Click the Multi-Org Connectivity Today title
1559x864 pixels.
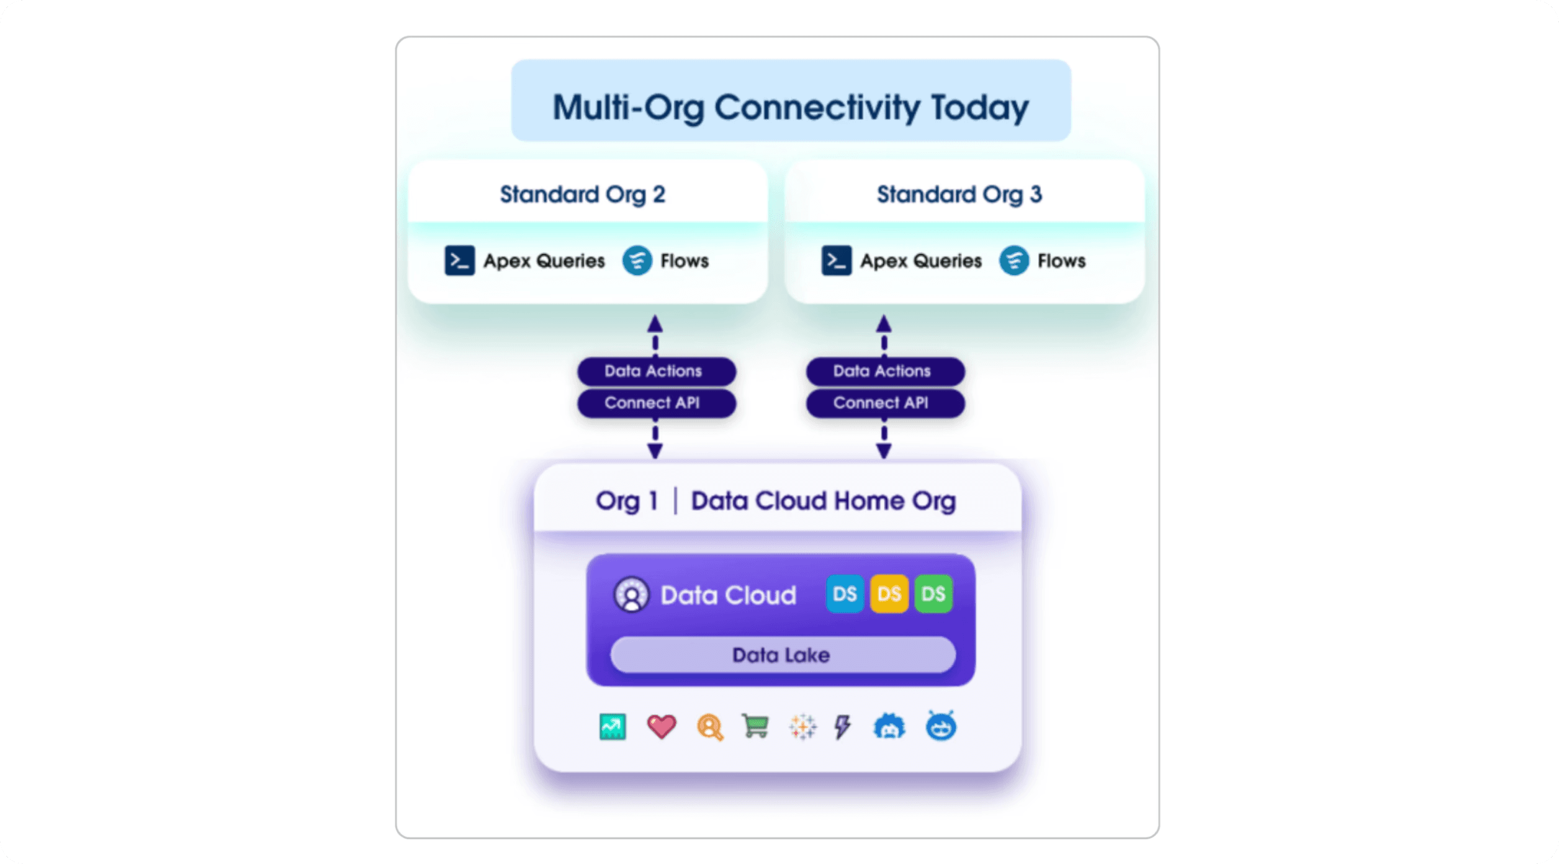point(791,107)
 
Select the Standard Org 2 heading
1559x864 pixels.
point(583,194)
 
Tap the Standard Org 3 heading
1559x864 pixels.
point(959,194)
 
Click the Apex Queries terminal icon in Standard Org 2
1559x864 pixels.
point(459,261)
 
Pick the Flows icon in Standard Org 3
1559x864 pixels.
point(1013,261)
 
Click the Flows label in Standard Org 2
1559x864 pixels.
point(684,261)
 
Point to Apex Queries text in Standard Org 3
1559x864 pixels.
point(920,261)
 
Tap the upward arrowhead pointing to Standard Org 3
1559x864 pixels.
point(884,324)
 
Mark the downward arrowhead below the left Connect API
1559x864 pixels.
point(655,451)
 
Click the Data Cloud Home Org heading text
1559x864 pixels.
point(823,501)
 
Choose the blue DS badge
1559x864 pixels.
point(845,594)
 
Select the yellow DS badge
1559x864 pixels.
point(889,594)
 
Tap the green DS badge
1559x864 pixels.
point(933,594)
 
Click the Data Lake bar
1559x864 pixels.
point(782,655)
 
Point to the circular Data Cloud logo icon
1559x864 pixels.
point(631,595)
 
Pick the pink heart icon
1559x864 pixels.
point(661,726)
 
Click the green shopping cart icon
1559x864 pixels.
point(755,726)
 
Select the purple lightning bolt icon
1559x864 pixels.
point(842,726)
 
